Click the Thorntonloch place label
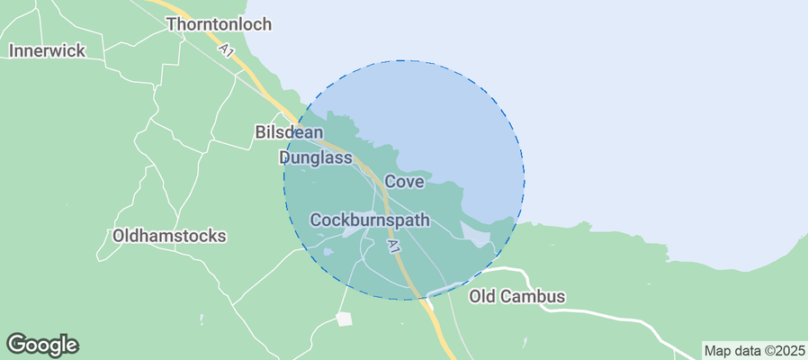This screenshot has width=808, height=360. (x=219, y=24)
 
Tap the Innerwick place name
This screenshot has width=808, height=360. (x=47, y=50)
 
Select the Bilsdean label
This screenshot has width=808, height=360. (x=290, y=132)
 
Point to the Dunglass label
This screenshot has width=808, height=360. (x=314, y=157)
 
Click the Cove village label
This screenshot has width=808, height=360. (x=404, y=182)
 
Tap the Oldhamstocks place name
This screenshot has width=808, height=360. (x=169, y=236)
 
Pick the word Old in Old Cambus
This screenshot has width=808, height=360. (x=483, y=296)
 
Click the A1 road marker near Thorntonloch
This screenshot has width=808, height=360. (x=226, y=52)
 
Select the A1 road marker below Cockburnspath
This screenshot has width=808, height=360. (x=393, y=246)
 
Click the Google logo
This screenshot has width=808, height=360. (x=42, y=345)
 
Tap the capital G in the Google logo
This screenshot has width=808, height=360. (x=17, y=344)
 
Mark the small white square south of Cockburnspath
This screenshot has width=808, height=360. (x=344, y=319)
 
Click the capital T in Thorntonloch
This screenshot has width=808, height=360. (x=172, y=24)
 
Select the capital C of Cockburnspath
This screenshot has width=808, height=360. (x=316, y=220)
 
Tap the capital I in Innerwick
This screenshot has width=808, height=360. (x=12, y=50)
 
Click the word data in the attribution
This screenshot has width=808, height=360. (x=744, y=350)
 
